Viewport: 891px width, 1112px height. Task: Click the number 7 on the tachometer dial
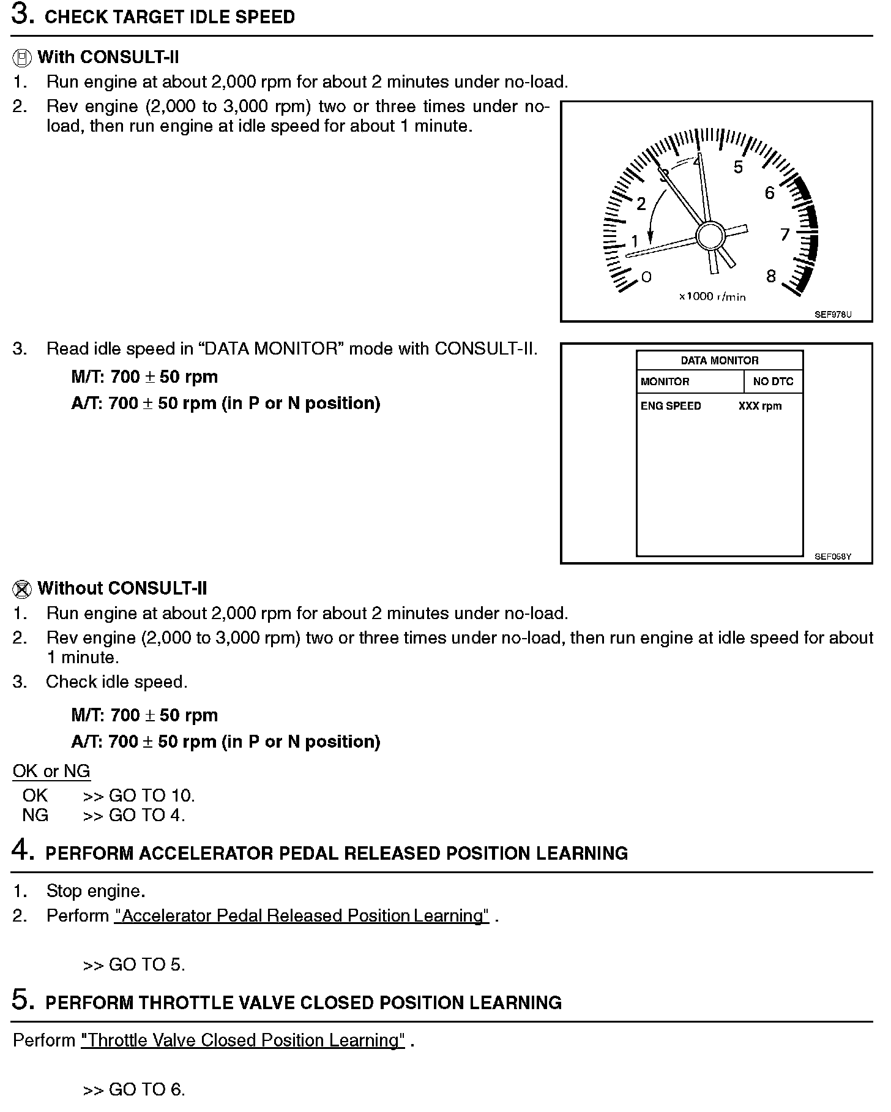coord(785,234)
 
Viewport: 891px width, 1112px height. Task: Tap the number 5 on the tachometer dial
coord(738,167)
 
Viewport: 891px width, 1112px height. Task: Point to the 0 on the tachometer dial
coord(646,277)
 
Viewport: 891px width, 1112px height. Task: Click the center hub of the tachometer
coord(710,235)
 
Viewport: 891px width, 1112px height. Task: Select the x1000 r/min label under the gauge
coord(712,296)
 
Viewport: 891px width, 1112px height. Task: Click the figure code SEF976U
coord(833,314)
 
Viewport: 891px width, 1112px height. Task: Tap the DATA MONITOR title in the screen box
coord(719,361)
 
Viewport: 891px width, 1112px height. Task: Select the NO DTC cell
coord(773,381)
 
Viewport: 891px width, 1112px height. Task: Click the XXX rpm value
coord(760,406)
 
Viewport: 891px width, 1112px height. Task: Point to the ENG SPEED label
coord(671,406)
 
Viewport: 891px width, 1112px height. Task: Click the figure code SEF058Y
coord(833,557)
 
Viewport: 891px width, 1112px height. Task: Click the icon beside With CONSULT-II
coord(21,58)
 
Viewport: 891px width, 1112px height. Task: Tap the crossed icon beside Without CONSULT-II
coord(21,590)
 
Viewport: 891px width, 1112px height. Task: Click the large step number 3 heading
coord(23,16)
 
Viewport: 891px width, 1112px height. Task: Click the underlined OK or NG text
coord(51,771)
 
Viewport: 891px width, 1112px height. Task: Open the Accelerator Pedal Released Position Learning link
coord(302,915)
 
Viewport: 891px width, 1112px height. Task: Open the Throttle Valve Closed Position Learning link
coord(243,1040)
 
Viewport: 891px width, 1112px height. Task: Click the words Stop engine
coord(95,891)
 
